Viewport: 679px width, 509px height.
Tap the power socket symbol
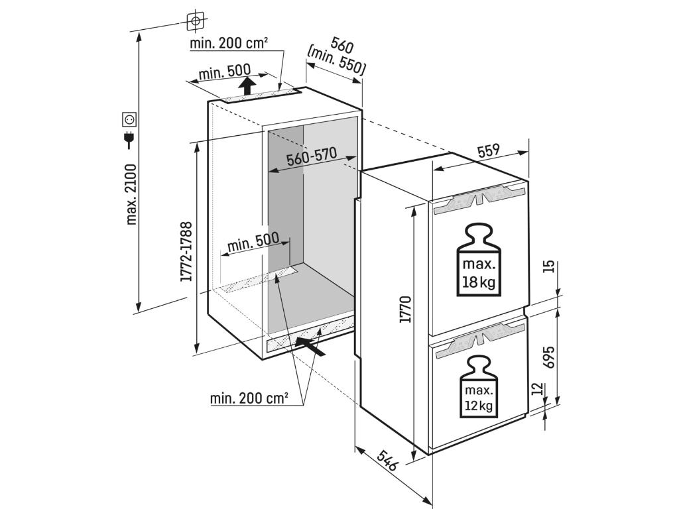point(129,119)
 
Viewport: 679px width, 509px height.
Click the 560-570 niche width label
point(312,158)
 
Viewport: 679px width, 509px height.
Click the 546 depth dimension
point(387,461)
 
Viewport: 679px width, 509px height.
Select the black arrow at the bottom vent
point(311,346)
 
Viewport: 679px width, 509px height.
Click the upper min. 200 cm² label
point(229,43)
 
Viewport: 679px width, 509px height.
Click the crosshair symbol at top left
point(195,21)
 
